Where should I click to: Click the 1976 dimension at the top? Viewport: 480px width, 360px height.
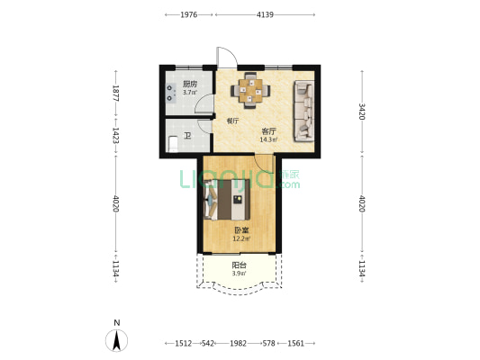tap(189, 14)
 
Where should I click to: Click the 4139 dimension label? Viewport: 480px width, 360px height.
tap(265, 14)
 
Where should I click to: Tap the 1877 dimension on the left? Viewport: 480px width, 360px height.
tap(116, 93)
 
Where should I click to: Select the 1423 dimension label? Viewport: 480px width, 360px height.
tap(116, 136)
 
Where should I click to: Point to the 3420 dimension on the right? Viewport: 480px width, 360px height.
tap(362, 112)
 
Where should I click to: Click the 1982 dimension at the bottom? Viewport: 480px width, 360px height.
tap(239, 344)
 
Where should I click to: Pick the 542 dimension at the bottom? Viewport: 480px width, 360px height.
tap(208, 344)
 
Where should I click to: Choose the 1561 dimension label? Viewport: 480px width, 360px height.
tap(296, 344)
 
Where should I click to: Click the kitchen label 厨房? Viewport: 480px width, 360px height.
tap(190, 84)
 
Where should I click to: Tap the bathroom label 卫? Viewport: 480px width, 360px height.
tap(187, 136)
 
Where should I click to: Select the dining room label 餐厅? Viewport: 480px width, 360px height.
tap(232, 121)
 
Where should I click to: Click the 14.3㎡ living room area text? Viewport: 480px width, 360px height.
tap(268, 140)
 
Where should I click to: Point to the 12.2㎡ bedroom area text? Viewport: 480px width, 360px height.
tap(241, 238)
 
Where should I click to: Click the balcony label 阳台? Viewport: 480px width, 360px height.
tap(239, 265)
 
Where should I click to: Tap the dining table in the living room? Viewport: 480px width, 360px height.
tap(250, 91)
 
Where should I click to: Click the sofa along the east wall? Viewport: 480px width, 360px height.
tap(304, 111)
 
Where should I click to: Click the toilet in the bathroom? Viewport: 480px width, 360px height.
tap(173, 144)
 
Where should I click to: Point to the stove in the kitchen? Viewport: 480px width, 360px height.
tap(171, 93)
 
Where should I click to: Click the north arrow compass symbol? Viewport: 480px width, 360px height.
tap(117, 340)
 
